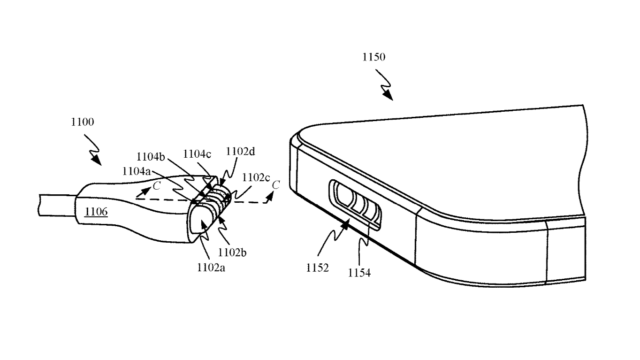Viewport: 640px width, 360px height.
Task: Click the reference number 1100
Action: [82, 122]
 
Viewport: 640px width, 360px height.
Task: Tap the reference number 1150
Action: [373, 57]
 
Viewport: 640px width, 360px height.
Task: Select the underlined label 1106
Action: [96, 212]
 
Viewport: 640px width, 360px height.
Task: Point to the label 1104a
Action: [136, 171]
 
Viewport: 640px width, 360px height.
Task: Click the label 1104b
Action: [151, 157]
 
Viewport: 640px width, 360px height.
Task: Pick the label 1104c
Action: [197, 154]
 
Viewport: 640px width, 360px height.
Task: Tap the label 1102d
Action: [240, 152]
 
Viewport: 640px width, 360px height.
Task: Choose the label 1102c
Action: [256, 178]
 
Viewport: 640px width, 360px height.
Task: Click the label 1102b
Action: [232, 253]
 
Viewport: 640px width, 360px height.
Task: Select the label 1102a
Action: [211, 268]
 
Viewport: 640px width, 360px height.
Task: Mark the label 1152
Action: [318, 268]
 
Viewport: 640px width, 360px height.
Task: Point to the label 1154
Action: [359, 273]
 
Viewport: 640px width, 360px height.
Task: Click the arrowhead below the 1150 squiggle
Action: [389, 95]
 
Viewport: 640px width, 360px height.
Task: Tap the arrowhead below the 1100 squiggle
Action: [97, 160]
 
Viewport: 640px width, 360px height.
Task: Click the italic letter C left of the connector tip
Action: [157, 186]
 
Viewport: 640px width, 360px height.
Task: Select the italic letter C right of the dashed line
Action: [276, 185]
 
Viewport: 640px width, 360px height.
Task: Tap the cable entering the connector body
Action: [57, 205]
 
